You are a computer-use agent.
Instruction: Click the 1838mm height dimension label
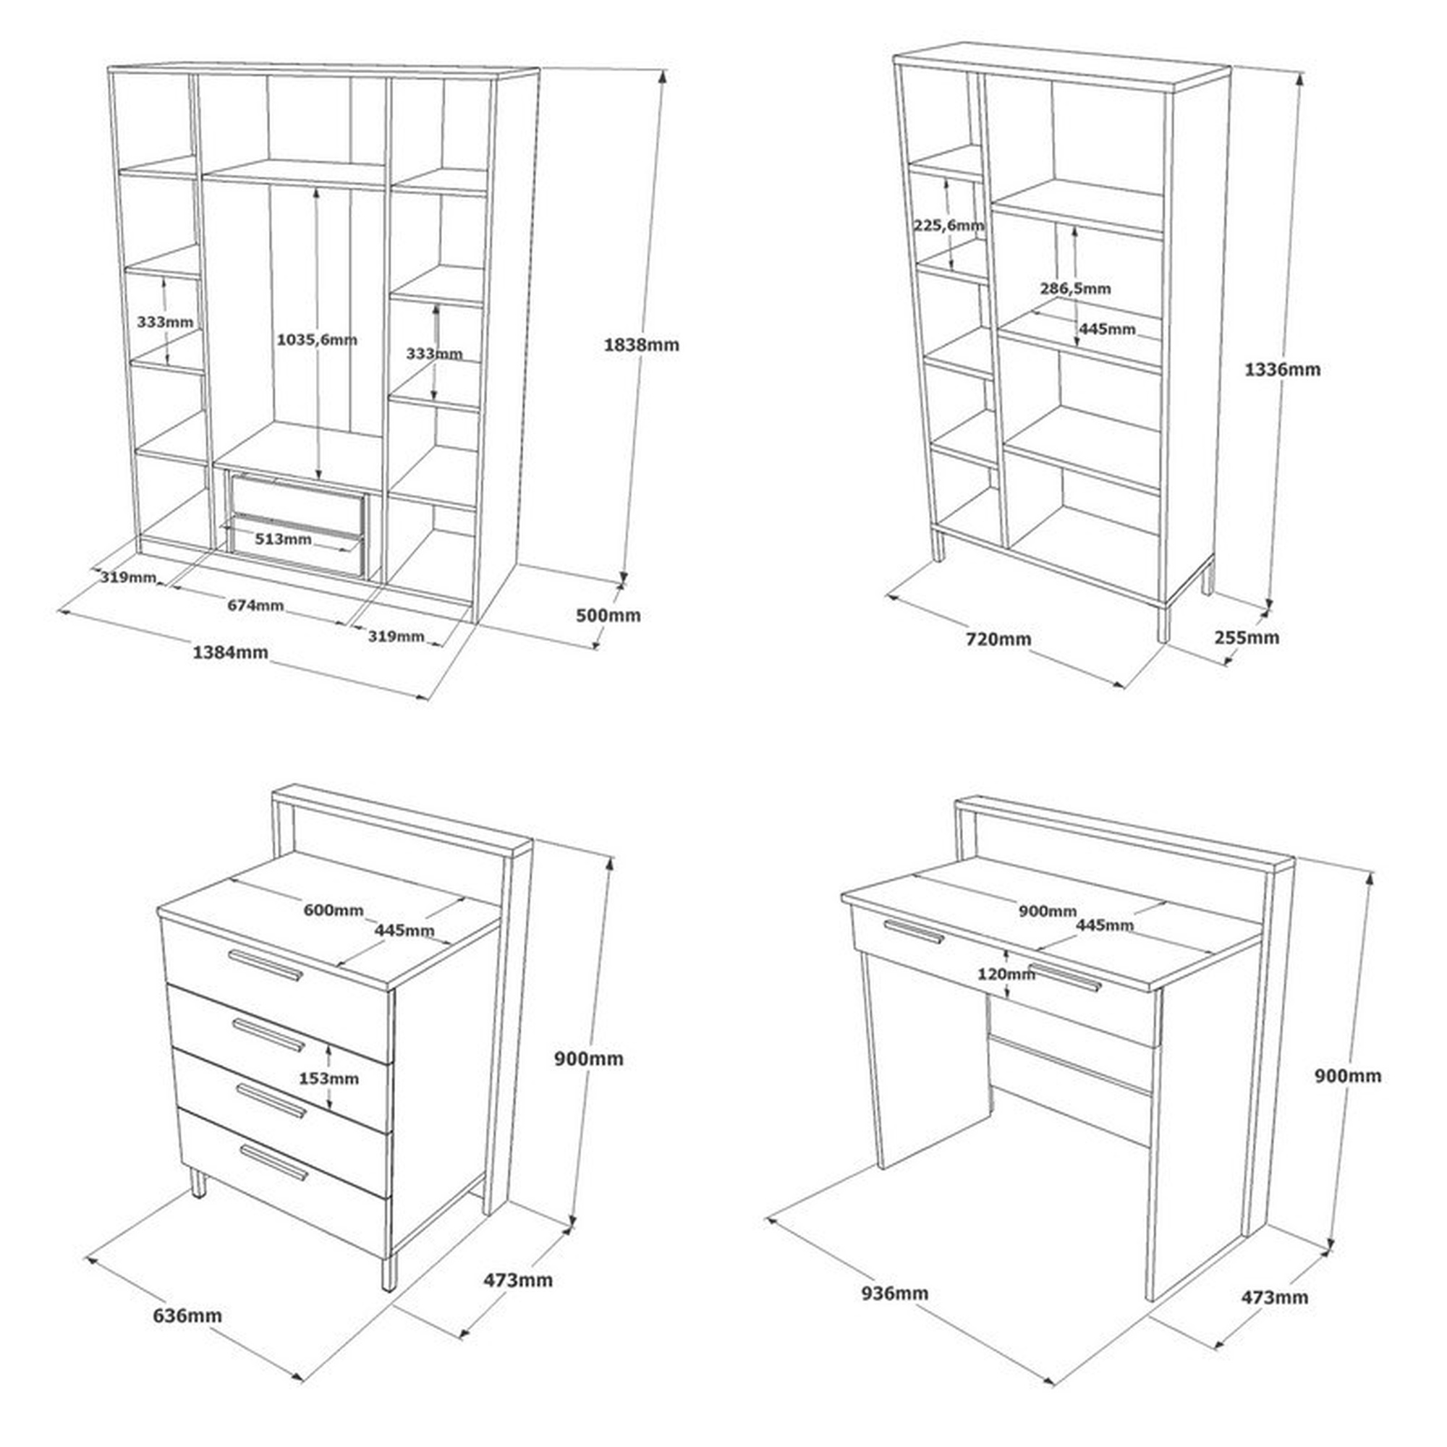tap(641, 345)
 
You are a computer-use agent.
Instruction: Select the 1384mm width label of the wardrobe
tap(231, 652)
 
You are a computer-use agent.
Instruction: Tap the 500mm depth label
tap(608, 615)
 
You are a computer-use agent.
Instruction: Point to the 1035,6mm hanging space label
tap(317, 340)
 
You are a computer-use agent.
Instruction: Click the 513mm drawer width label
tap(283, 538)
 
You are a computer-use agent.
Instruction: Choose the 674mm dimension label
tap(256, 604)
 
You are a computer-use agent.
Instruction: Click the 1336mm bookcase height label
tap(1282, 369)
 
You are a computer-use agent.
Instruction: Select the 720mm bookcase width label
tap(998, 639)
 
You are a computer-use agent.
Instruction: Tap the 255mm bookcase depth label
tap(1247, 637)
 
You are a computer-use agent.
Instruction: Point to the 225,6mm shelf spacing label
tap(949, 225)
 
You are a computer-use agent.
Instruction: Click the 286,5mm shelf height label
tap(1076, 289)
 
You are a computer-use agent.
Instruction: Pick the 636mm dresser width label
tap(188, 1315)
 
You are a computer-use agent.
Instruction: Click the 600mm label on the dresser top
tap(334, 910)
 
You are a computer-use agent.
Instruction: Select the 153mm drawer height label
tap(328, 1079)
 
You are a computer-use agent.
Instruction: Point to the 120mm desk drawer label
tap(1006, 975)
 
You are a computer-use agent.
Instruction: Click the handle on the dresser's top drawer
tap(266, 964)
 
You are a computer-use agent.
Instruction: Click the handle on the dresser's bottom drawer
tap(273, 1162)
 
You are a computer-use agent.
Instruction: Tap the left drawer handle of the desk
tap(914, 932)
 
